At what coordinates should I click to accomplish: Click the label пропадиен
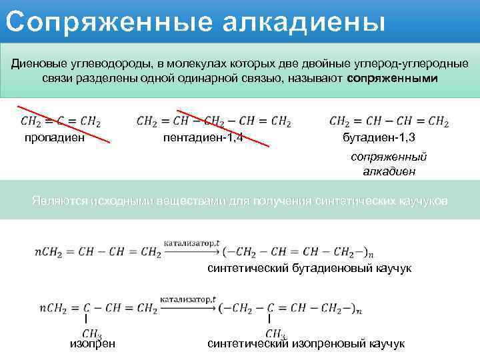(x=55, y=138)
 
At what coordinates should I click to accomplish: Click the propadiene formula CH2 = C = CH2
(x=61, y=122)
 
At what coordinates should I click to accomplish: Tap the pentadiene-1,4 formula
(x=213, y=122)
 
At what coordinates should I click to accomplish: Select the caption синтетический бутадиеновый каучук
(x=309, y=268)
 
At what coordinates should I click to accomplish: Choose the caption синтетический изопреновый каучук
(x=306, y=343)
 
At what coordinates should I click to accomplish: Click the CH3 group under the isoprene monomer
(x=92, y=333)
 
